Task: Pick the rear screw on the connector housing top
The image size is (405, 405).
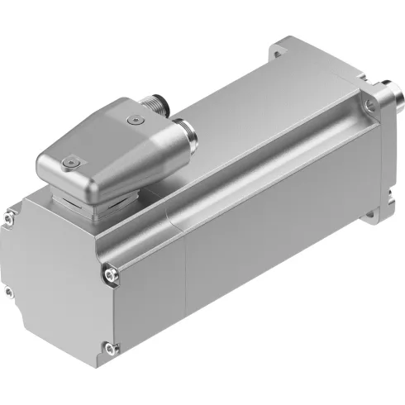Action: point(133,121)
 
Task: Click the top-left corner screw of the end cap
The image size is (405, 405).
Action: point(10,217)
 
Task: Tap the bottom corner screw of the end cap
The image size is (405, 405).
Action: point(105,348)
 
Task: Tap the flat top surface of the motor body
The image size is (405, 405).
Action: point(248,107)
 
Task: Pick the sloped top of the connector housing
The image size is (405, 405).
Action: point(116,136)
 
